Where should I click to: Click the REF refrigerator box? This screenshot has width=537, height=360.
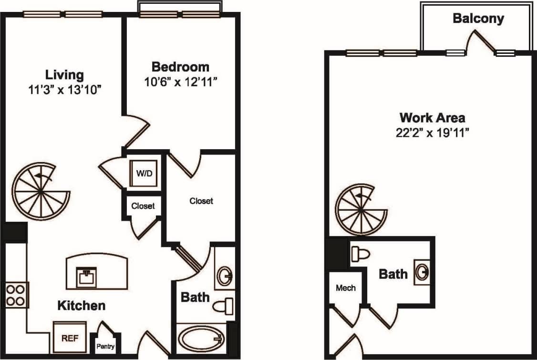(70, 338)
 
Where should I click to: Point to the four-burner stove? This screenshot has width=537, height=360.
(16, 295)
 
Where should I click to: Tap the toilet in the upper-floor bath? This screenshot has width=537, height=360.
(361, 254)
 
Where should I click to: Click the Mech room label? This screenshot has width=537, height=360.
(346, 288)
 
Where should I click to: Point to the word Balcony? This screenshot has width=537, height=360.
(478, 19)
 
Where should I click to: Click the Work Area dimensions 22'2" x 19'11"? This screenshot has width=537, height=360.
(432, 133)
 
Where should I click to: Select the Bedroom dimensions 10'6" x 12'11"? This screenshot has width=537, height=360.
(180, 82)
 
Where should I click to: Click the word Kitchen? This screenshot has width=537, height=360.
(81, 306)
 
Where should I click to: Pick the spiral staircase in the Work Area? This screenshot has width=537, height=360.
(361, 210)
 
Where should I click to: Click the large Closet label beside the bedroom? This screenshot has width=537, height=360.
(201, 201)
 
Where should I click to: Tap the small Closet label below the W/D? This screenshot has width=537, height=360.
(143, 206)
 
